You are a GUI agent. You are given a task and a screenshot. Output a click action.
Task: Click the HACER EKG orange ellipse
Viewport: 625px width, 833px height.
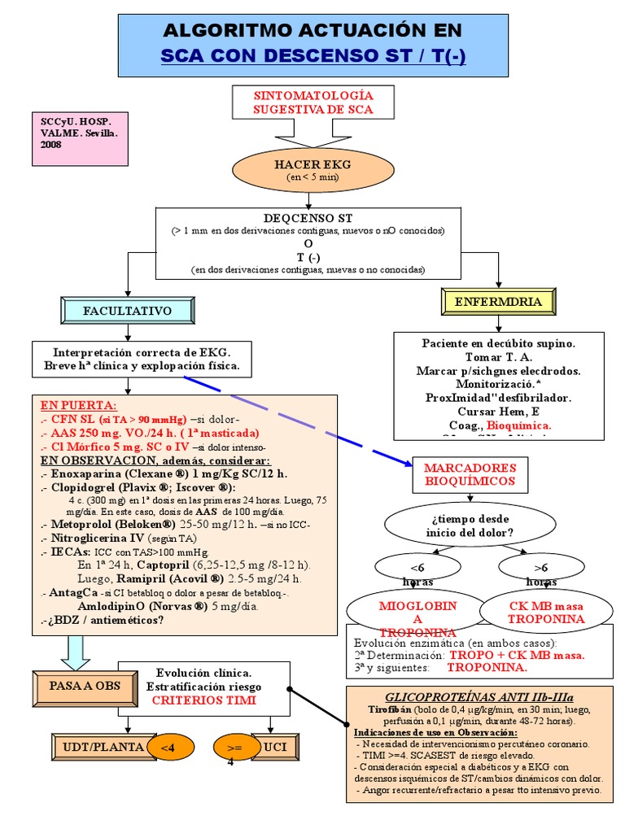300,169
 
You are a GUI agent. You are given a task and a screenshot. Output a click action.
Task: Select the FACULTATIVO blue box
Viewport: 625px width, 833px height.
127,311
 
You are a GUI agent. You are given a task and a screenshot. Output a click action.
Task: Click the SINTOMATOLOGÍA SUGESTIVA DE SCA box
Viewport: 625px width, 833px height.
312,102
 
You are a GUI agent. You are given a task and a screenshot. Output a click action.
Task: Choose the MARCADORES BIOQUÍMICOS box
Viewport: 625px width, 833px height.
470,474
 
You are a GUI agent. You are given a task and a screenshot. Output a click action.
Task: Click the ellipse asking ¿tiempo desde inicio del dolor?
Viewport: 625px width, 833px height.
470,526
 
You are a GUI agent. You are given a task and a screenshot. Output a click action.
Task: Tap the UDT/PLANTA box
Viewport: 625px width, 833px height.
98,747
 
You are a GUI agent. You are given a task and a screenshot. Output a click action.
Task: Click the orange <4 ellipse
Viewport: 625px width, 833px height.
166,748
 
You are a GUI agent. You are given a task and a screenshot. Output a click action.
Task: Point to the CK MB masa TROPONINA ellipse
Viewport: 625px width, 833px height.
546,612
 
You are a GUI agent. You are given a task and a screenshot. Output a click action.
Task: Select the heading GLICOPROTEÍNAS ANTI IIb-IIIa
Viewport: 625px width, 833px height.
479,697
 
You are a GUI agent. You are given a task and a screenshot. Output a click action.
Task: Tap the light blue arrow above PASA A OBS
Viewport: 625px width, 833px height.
74,652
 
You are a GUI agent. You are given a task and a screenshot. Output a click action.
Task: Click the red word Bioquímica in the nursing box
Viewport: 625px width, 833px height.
519,425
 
